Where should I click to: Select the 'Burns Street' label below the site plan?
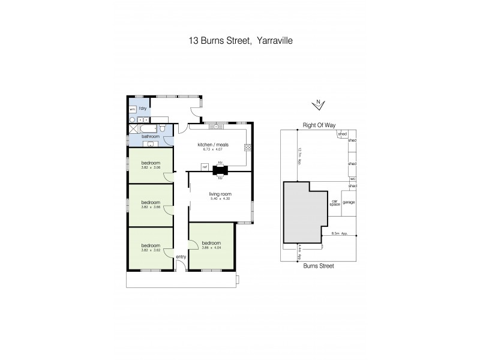(318, 265)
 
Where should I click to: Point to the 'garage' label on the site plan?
(349, 202)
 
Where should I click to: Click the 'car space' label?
(334, 203)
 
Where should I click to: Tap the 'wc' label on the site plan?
(353, 179)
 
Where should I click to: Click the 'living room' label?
(220, 194)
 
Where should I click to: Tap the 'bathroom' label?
(150, 136)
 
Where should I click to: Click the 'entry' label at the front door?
(181, 257)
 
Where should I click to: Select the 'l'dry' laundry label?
(143, 109)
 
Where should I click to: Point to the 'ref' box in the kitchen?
(205, 167)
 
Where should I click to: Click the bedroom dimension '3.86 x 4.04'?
(211, 248)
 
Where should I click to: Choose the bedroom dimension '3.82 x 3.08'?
(150, 167)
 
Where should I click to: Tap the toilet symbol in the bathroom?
(163, 128)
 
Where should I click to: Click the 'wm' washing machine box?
(132, 110)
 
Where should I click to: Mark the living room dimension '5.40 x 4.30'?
(220, 199)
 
